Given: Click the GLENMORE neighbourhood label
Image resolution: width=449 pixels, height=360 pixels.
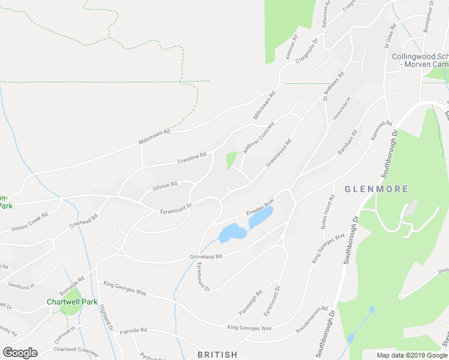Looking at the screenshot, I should [376, 189].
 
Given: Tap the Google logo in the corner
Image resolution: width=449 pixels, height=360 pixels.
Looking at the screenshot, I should [20, 353].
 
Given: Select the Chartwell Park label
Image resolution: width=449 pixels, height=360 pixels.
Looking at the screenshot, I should [73, 302].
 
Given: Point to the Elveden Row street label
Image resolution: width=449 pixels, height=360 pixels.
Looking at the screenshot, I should [260, 208].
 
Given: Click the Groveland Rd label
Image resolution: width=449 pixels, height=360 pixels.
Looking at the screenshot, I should [206, 256].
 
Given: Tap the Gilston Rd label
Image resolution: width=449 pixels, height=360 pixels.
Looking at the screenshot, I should [164, 185].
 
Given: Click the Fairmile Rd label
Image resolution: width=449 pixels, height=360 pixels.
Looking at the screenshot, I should [133, 331].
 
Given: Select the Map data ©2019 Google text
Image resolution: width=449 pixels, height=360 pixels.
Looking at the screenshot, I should [411, 355].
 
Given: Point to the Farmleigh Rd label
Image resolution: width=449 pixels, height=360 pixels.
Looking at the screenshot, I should [250, 303].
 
